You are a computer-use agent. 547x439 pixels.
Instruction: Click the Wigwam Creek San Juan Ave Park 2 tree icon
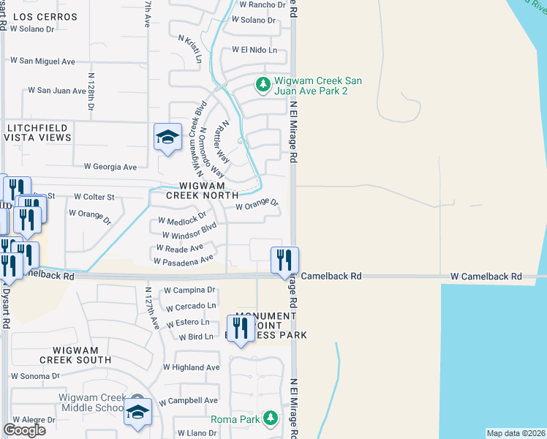tap(263, 86)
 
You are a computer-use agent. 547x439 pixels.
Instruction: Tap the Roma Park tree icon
tap(271, 419)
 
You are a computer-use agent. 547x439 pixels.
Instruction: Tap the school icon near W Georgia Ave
tap(167, 137)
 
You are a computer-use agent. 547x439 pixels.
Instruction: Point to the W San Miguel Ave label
tap(42, 61)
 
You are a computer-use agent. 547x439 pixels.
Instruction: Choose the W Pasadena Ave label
tap(184, 260)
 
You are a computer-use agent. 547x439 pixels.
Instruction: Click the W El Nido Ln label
tap(254, 50)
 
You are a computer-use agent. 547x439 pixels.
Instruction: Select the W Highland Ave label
tap(191, 367)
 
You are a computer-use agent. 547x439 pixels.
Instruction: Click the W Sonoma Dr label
tap(34, 375)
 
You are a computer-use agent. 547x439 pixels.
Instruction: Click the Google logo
tap(25, 429)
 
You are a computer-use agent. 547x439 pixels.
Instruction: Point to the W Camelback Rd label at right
tap(486, 277)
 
